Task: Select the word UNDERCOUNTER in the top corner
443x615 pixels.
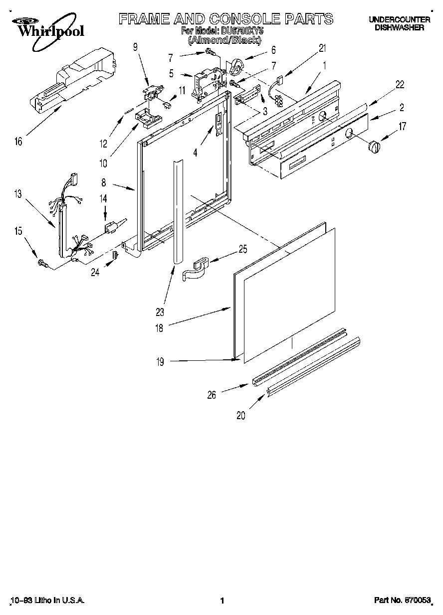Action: coord(399,20)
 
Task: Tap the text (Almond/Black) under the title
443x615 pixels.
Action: coord(224,39)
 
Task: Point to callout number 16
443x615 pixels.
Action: coord(18,142)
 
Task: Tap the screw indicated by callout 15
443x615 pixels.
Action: coord(42,263)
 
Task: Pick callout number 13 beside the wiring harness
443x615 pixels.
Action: coord(18,194)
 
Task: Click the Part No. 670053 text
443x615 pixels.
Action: coord(402,601)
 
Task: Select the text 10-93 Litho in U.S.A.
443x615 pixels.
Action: coord(47,601)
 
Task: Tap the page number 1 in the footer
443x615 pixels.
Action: coord(222,601)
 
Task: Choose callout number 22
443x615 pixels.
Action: coord(400,85)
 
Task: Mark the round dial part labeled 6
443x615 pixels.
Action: coord(237,66)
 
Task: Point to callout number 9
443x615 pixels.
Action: coord(135,47)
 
